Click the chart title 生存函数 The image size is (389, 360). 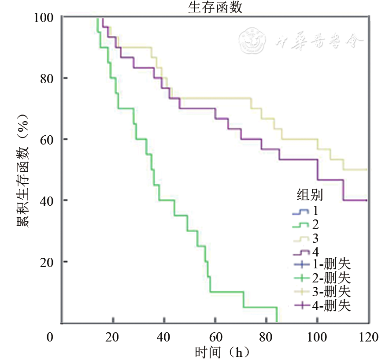tap(215, 7)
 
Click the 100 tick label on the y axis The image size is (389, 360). tap(44, 17)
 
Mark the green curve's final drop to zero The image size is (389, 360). tap(277, 315)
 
